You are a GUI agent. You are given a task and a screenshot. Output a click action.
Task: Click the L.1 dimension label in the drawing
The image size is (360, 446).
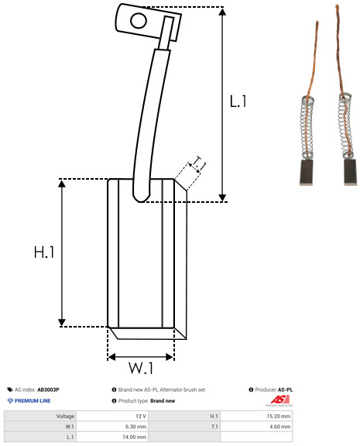(238, 101)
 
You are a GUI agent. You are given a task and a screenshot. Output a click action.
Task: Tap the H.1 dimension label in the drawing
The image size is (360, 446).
(44, 252)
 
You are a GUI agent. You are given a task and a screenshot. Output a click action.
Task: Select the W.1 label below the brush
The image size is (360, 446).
(142, 368)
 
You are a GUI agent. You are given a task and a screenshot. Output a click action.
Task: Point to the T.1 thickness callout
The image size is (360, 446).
(199, 163)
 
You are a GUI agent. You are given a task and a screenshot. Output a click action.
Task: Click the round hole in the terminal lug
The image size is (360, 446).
(139, 21)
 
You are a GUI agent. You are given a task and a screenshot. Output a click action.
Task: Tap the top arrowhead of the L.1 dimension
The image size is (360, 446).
(222, 12)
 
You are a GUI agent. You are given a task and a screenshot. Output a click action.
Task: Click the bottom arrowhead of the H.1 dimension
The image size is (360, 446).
(62, 323)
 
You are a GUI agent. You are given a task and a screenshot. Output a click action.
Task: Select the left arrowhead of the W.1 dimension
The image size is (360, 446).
(111, 357)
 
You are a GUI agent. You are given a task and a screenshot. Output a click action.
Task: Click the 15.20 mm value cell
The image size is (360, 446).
(256, 416)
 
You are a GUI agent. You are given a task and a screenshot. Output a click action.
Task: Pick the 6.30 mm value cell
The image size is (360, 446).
(112, 427)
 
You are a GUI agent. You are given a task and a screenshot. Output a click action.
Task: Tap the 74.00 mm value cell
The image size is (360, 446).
(112, 437)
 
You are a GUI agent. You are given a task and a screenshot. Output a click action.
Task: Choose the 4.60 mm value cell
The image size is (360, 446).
(256, 427)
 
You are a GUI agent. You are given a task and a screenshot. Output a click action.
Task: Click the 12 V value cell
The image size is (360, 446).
(112, 416)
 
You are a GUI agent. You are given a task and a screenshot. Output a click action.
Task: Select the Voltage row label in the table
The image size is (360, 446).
(65, 416)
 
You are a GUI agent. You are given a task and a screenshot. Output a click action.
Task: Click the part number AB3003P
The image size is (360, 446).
(48, 389)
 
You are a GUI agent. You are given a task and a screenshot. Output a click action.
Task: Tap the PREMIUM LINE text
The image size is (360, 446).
(33, 401)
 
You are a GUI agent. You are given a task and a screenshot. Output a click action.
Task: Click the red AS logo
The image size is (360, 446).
(279, 400)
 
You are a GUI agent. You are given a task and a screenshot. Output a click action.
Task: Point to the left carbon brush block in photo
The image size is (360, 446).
(307, 173)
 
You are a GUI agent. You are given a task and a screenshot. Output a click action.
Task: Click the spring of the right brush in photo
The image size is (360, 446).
(346, 125)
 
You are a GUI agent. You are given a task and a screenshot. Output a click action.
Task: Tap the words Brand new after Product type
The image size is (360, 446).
(163, 401)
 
